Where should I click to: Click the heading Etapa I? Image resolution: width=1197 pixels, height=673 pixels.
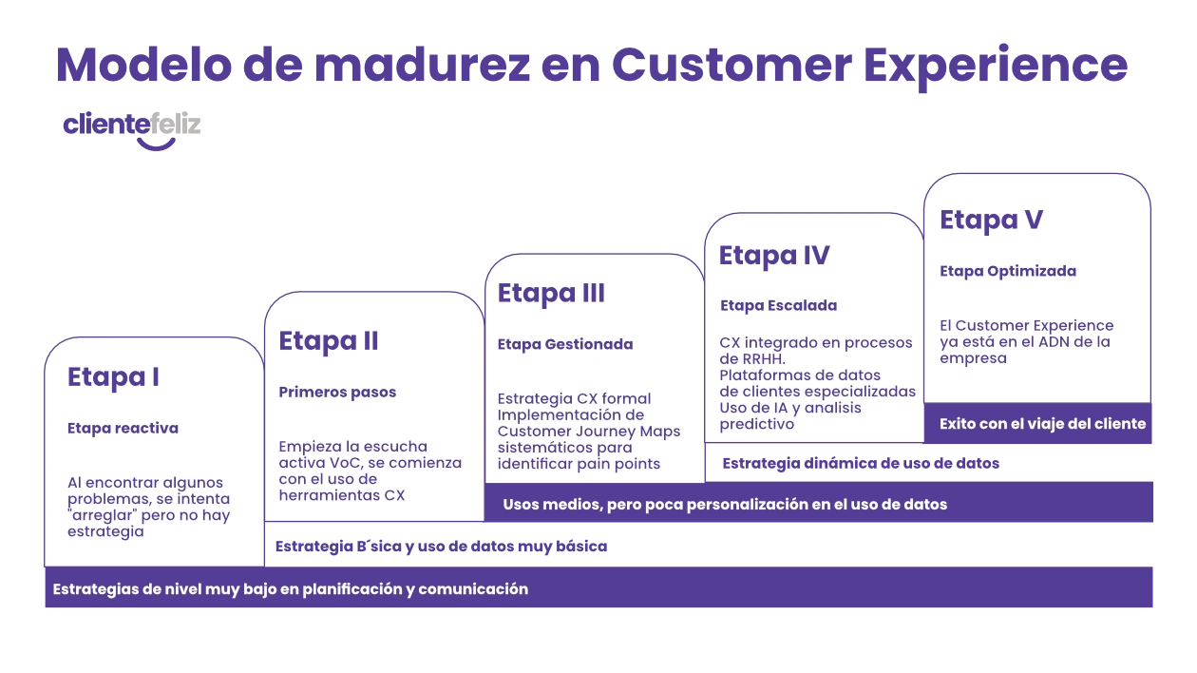113,377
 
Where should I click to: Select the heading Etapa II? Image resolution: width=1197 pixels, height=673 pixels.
329,341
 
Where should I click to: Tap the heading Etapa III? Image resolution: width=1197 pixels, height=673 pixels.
551,294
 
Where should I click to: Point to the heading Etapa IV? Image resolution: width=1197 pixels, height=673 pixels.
773,256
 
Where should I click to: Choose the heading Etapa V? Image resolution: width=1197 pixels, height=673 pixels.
991,221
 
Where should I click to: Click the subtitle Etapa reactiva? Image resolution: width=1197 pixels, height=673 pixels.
123,429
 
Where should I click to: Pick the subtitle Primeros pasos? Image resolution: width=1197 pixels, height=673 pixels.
337,393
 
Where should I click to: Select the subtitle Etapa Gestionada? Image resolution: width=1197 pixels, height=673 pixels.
565,345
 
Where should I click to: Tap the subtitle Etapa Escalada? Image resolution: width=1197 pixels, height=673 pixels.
778,306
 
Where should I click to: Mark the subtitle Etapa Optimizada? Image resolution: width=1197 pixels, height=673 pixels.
1008,271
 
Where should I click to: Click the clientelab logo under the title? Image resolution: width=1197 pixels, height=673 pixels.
133,127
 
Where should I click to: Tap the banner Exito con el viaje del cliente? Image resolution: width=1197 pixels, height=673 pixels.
1042,424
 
